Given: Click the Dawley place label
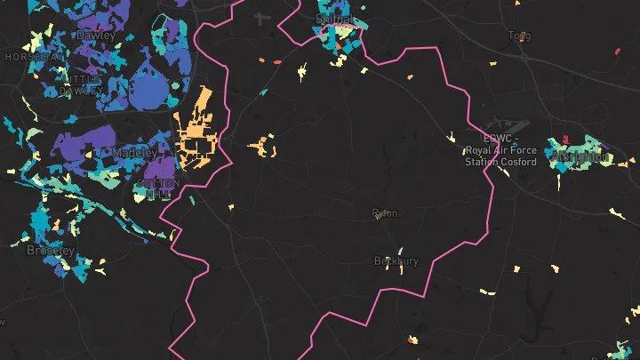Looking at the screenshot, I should [x=96, y=35].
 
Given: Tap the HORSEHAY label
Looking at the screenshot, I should [x=34, y=56].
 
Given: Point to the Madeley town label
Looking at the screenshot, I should [x=135, y=153].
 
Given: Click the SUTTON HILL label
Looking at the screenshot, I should [x=157, y=188].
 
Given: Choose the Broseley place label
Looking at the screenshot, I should [x=51, y=251].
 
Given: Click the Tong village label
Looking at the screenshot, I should [x=519, y=36].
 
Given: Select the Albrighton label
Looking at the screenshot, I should [x=580, y=157].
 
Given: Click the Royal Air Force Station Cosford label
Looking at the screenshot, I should [x=501, y=150].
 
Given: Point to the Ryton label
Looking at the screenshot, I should [x=385, y=213].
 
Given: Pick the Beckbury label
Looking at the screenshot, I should [x=396, y=261].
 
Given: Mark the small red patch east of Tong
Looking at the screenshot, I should [x=616, y=51].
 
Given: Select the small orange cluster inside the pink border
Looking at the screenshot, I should [x=262, y=146].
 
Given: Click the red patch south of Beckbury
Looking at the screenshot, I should [x=411, y=339].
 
